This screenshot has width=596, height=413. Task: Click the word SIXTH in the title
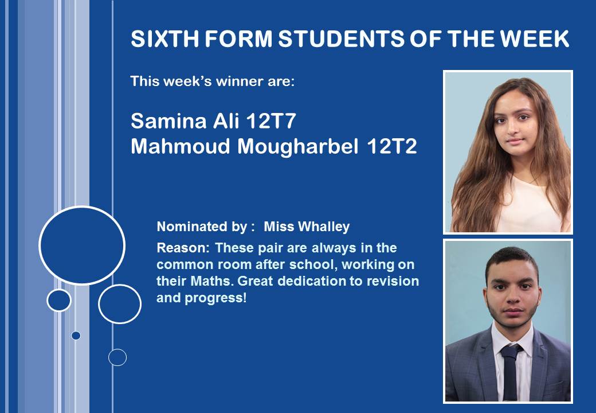164,39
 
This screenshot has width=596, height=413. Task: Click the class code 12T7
271,121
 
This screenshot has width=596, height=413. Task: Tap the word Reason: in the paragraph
183,248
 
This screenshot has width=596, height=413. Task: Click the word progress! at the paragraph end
215,298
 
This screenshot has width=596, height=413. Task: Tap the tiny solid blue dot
76,336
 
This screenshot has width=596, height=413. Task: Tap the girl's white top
532,205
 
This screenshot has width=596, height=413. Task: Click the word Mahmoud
181,146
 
